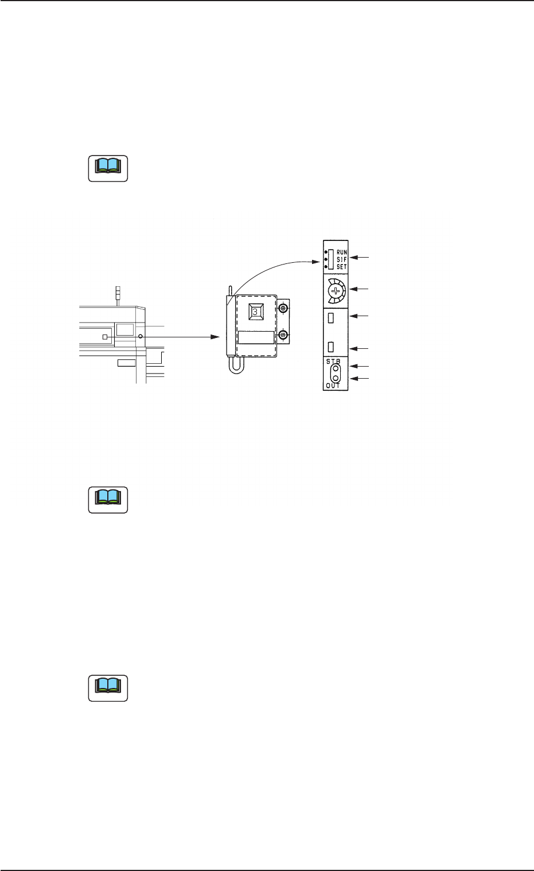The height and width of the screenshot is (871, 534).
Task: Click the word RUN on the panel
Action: tap(342, 252)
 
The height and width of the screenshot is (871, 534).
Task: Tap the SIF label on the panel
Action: tap(342, 259)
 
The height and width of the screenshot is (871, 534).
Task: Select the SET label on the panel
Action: tap(342, 267)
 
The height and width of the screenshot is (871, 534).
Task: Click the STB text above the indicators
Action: tap(333, 362)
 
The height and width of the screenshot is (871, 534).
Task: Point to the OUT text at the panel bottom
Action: tap(333, 386)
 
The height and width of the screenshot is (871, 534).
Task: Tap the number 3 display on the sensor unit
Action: tap(255, 312)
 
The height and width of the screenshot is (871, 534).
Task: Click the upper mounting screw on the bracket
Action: tap(283, 309)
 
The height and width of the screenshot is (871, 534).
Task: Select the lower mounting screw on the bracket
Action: tap(283, 335)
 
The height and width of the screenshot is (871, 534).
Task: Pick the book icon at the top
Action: tap(108, 169)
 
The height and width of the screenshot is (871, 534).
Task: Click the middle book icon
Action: tap(108, 500)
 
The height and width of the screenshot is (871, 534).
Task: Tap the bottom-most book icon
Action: tap(108, 688)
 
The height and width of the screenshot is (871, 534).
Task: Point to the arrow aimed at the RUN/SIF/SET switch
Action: tap(361, 259)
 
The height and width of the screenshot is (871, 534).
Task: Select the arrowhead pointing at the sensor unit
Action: tap(217, 337)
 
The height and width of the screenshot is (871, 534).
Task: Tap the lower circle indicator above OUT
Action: tap(335, 378)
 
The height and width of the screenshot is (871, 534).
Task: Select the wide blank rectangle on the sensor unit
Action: tap(256, 337)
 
